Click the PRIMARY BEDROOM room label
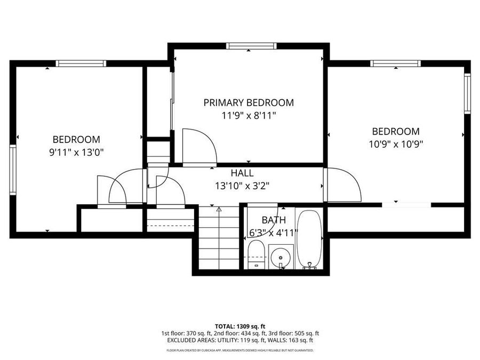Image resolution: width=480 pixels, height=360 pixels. point(249,102)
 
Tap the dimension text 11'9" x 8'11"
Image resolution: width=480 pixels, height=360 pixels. point(249,115)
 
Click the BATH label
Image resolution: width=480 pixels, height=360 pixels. point(274,220)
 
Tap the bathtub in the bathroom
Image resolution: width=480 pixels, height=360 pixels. point(308,239)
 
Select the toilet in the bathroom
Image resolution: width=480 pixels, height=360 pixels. point(257,254)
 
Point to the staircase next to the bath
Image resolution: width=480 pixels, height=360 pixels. point(219,240)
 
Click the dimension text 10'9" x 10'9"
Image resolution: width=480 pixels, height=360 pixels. point(395,143)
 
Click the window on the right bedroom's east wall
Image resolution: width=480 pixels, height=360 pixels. point(467,93)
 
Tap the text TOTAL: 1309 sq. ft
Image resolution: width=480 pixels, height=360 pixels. point(239,325)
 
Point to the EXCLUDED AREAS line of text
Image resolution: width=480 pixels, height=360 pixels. point(239,340)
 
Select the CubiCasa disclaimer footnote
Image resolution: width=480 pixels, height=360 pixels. point(239,350)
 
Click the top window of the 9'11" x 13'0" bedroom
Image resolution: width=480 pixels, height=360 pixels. point(82,63)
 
